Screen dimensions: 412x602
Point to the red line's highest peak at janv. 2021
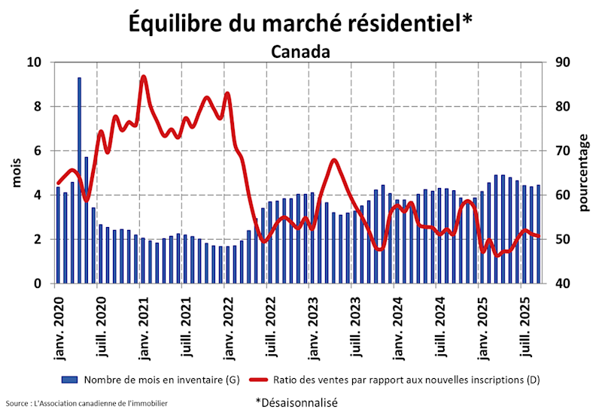click(143, 77)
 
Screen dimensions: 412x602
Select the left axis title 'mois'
click(17, 173)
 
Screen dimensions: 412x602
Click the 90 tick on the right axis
click(561, 62)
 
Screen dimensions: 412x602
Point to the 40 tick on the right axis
click(561, 284)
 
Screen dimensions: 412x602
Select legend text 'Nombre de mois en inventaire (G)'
click(161, 380)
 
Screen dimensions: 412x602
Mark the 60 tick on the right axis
click(561, 195)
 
